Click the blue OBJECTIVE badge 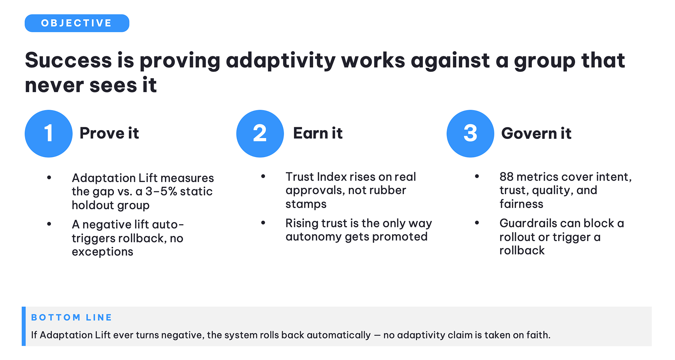pos(77,23)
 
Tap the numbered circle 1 pos(49,134)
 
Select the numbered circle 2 pos(260,134)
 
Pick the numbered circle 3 pos(470,134)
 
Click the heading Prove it pos(109,133)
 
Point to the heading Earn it pos(318,133)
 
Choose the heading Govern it pos(536,133)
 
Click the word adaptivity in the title pos(281,60)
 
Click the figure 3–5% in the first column pos(161,191)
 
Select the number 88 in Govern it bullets pos(507,176)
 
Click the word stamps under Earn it pos(306,204)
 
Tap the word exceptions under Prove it pos(102,252)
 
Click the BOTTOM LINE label pos(72,317)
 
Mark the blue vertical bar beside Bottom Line pos(24,326)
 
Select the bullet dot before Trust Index pos(263,176)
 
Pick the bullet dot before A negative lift pos(49,224)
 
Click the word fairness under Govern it pos(521,204)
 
